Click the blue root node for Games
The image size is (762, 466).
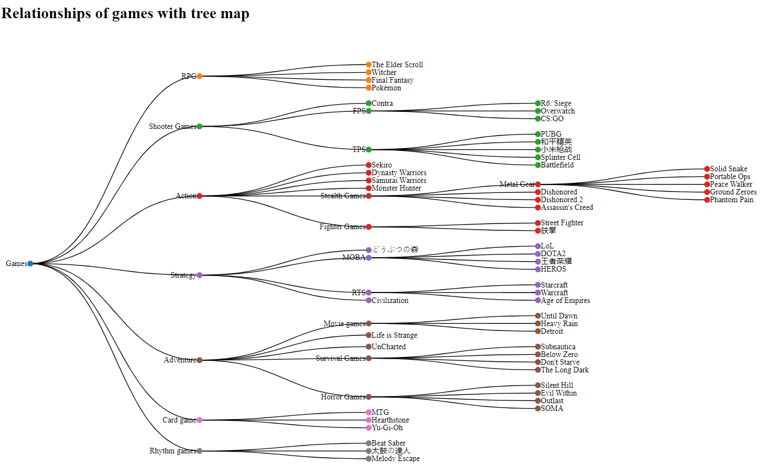30,263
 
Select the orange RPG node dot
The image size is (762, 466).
200,76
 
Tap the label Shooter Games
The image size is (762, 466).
172,126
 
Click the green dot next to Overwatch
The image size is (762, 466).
538,111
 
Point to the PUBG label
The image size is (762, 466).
551,134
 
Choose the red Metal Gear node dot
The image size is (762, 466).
538,184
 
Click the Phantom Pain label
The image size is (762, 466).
731,199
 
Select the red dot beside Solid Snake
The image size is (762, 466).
707,169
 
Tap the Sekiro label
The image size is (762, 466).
382,165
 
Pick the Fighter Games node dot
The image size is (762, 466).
369,226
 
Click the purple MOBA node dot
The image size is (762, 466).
369,257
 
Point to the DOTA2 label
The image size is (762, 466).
553,253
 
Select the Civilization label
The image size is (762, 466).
390,300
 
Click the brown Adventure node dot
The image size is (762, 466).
200,360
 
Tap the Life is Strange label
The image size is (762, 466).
394,335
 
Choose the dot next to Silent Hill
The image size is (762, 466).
538,385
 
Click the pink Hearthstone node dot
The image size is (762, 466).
369,420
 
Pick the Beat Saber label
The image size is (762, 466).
388,443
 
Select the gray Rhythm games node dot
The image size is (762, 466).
200,451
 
